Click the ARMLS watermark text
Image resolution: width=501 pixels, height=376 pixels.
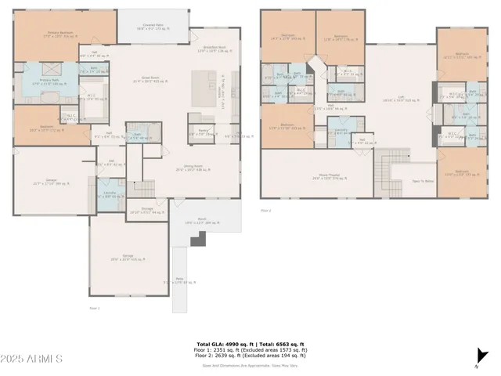(33, 359)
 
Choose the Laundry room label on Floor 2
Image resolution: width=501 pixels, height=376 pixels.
(341, 129)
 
